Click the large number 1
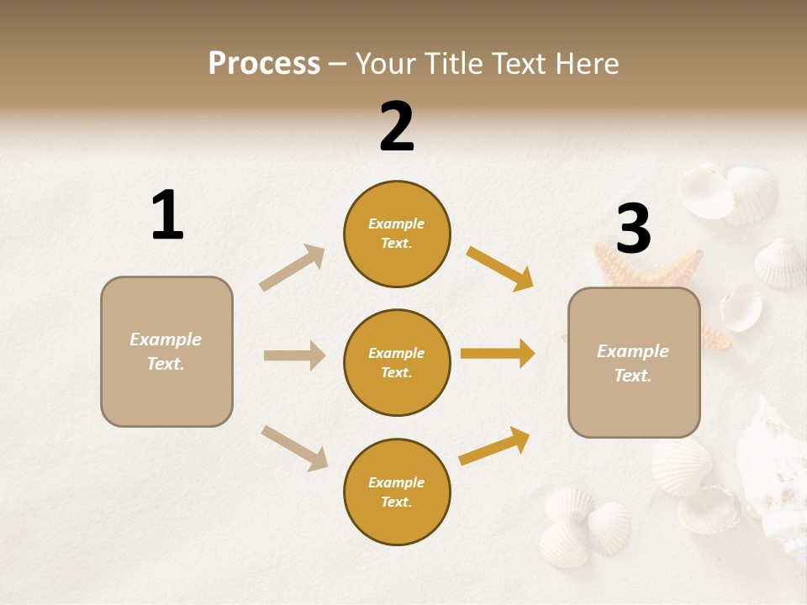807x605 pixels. tap(167, 215)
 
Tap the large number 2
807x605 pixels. tap(397, 126)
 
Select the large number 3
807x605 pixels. tap(634, 229)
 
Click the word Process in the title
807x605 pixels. tap(264, 64)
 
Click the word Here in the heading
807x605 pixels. tap(587, 64)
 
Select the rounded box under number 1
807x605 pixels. tap(166, 351)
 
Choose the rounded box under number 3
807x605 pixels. tap(634, 362)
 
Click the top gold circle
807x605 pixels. tap(397, 234)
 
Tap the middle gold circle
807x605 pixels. tap(397, 362)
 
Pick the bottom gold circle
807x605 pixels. tap(397, 492)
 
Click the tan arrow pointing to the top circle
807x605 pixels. tap(292, 268)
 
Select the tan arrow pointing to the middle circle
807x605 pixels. tap(294, 355)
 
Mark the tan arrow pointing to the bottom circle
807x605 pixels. tap(294, 448)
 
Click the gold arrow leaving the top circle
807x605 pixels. tap(499, 268)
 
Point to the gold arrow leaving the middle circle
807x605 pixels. tap(498, 354)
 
